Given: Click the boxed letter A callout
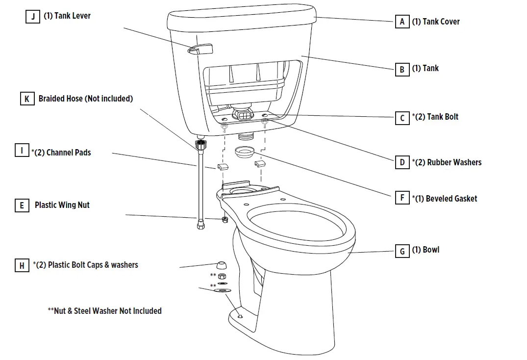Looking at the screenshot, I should (x=402, y=22).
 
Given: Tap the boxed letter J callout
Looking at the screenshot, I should (x=33, y=17).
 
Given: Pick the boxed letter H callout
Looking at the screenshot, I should (x=22, y=265).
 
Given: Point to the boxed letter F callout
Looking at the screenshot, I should (x=402, y=198).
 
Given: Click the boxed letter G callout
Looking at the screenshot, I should (x=402, y=251).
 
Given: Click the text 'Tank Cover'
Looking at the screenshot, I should (x=435, y=22).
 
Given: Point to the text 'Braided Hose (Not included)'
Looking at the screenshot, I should (x=86, y=99).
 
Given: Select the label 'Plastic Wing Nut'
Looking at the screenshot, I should (x=62, y=205).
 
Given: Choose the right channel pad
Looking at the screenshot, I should (x=259, y=164).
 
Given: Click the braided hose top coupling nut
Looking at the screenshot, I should (x=200, y=145).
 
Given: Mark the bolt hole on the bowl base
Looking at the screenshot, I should (x=240, y=316).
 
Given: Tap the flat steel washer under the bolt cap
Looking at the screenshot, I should (x=223, y=291).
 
